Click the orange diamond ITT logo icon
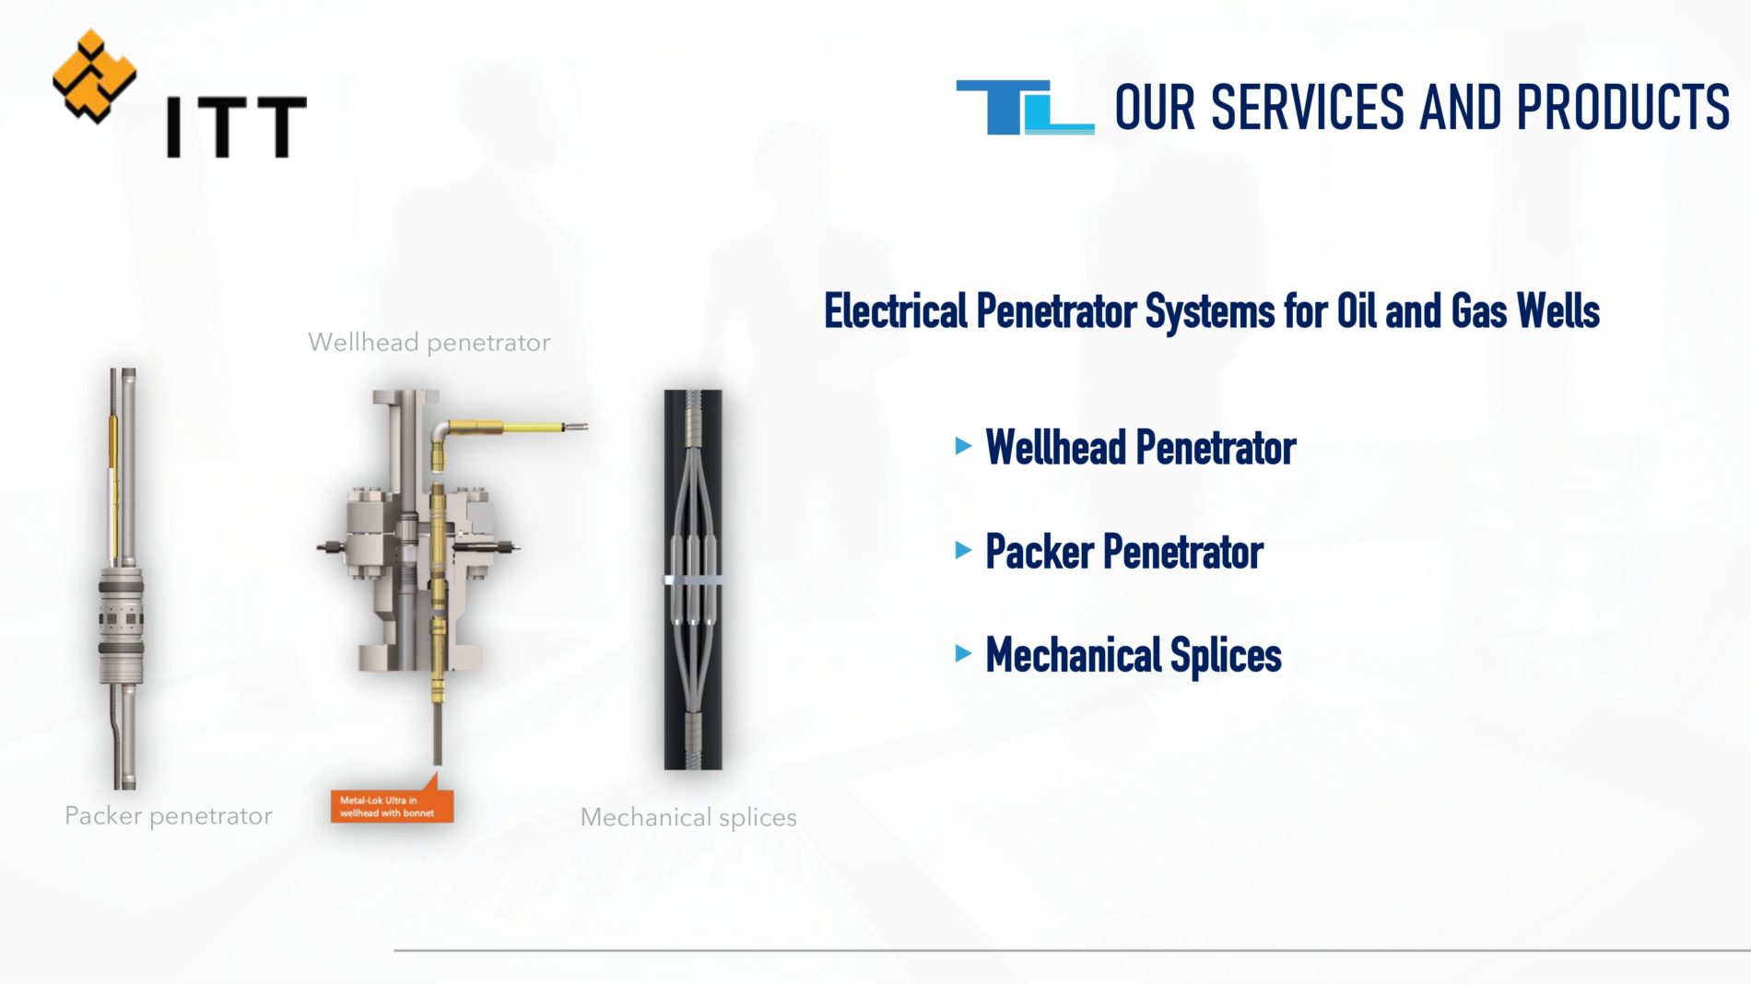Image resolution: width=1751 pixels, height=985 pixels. [94, 76]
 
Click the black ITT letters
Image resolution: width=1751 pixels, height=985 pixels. [236, 126]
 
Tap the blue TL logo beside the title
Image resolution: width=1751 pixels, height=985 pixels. [1025, 108]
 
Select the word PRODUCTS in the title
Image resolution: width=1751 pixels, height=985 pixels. [1623, 107]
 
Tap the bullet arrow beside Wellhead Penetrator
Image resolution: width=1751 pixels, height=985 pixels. [964, 447]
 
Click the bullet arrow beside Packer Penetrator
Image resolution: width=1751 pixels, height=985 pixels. [964, 551]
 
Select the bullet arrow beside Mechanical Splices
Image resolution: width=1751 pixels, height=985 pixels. [964, 654]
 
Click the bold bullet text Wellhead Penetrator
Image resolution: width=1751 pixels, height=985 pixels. [1141, 448]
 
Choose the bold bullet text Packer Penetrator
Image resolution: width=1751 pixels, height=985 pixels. [1124, 552]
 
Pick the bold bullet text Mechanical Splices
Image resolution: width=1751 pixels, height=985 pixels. [1134, 656]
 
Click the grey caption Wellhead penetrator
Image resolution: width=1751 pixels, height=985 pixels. [429, 343]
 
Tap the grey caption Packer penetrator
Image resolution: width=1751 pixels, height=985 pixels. [169, 816]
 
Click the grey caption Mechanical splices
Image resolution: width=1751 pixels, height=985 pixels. [688, 817]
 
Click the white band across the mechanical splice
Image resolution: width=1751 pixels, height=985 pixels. [693, 580]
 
